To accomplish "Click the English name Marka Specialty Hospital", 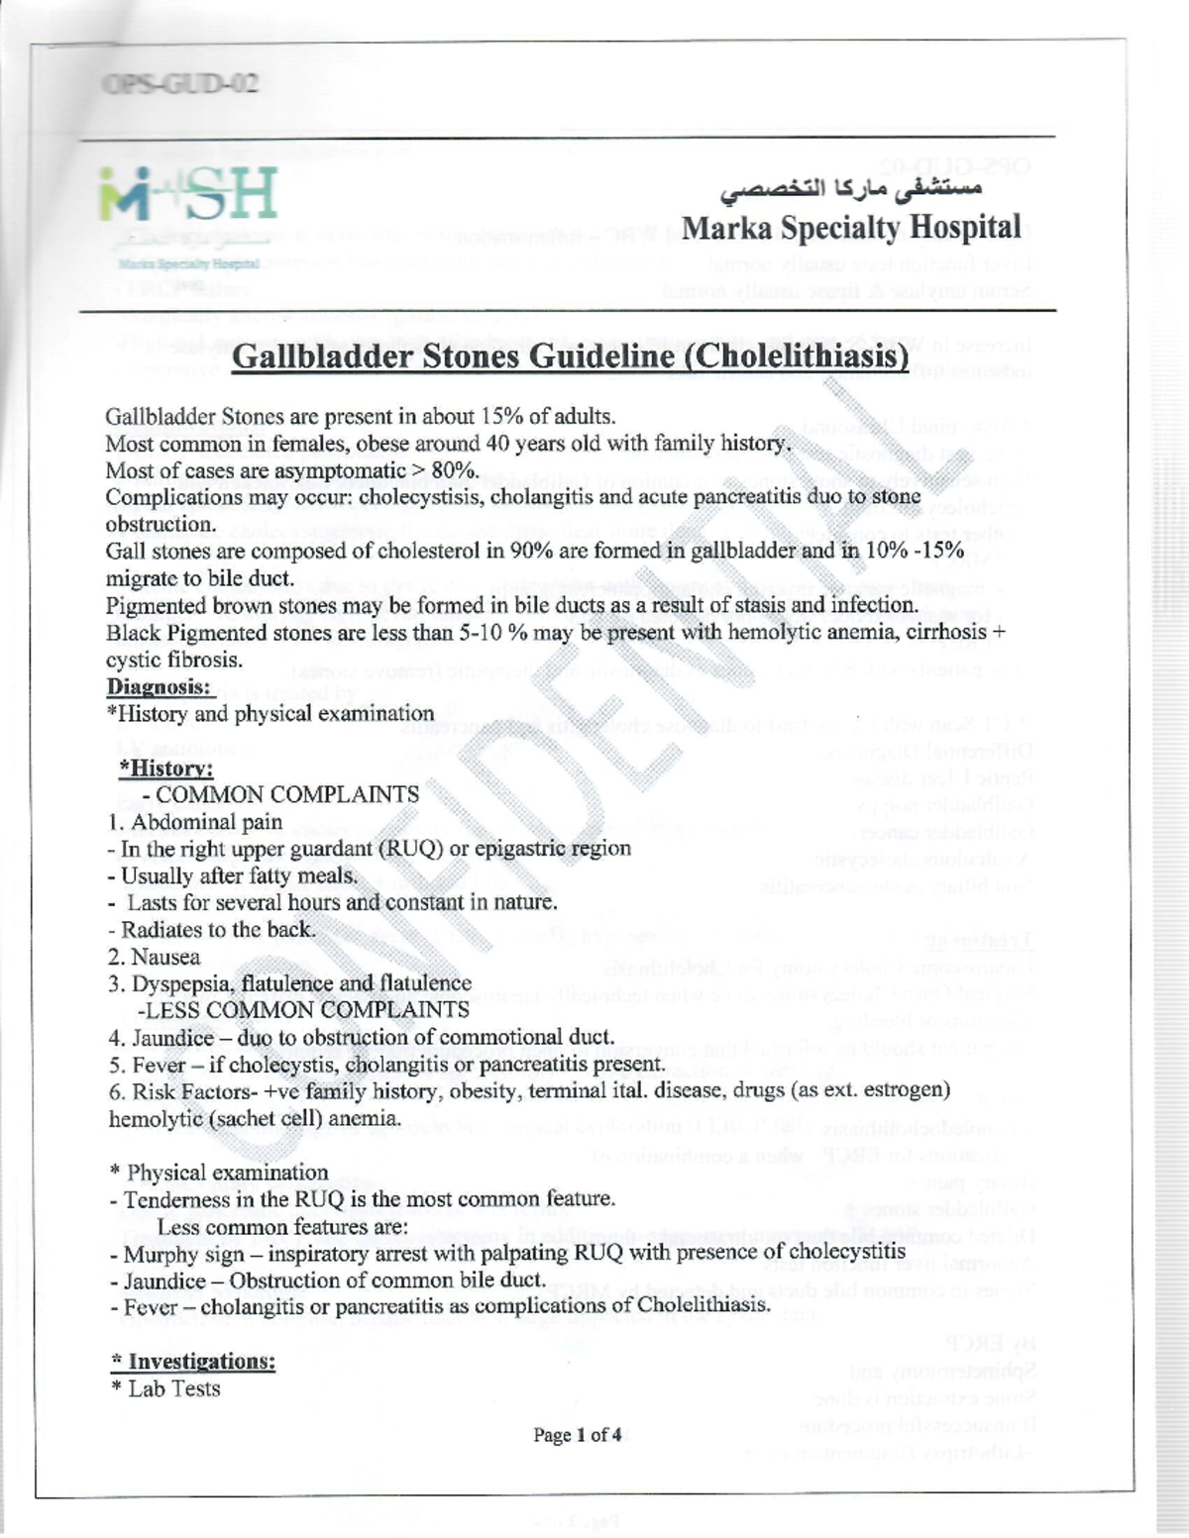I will tap(851, 228).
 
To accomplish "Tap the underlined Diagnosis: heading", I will tap(159, 686).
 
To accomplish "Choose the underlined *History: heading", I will tap(165, 768).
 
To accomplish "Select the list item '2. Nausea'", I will tap(155, 957).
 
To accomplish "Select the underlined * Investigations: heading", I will tap(192, 1362).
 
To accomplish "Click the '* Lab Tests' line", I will tap(165, 1388).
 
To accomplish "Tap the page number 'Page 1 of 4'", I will tap(577, 1434).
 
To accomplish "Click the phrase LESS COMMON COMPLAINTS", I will tap(306, 1010).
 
